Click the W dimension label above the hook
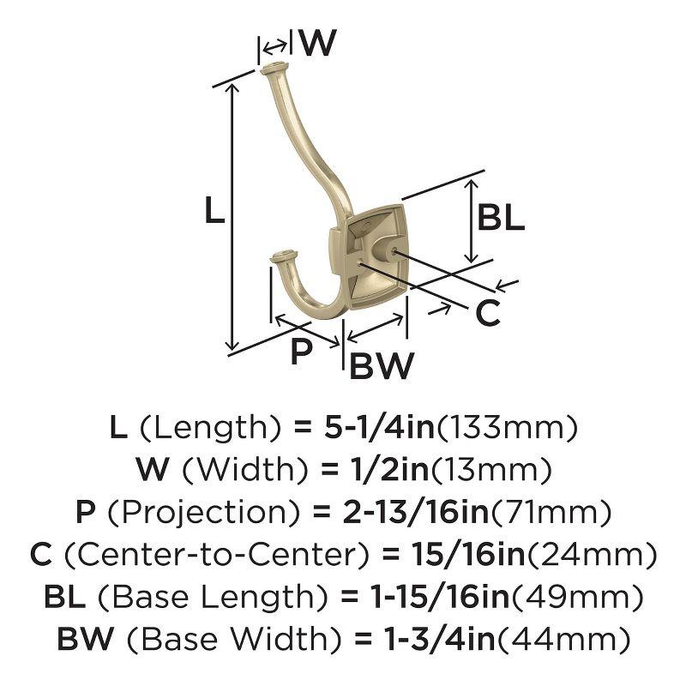click(x=319, y=43)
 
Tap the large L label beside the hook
click(x=215, y=210)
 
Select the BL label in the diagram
click(x=501, y=218)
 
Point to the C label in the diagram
click(x=488, y=313)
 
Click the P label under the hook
click(x=302, y=351)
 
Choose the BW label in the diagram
click(x=382, y=366)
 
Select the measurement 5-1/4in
click(x=379, y=427)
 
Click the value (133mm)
click(x=508, y=427)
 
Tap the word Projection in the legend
click(x=204, y=512)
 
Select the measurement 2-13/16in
click(x=416, y=512)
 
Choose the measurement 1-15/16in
click(x=440, y=596)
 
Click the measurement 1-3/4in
click(x=439, y=638)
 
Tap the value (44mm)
click(x=564, y=638)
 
